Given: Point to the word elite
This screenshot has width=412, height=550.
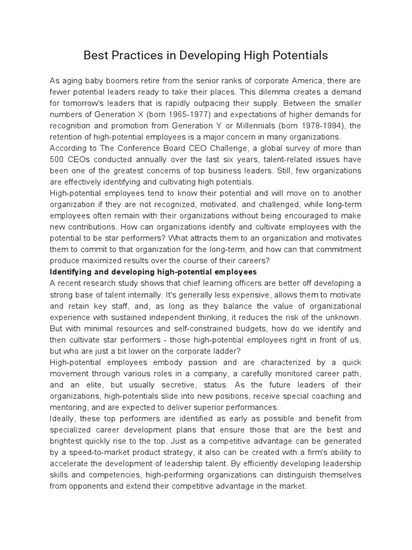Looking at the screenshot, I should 100,385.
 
